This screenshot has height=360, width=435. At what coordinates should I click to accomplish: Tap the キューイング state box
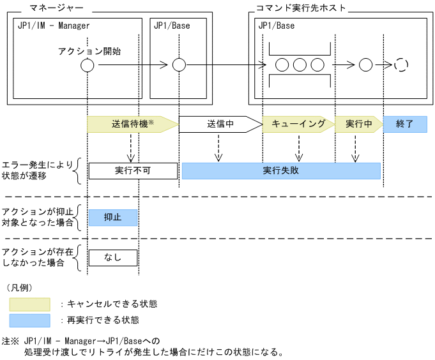298,124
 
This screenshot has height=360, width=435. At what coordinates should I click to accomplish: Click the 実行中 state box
358,124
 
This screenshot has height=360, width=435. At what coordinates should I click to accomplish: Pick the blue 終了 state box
405,124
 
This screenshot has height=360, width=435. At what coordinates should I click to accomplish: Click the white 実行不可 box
132,170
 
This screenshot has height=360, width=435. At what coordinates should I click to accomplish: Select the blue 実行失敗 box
281,170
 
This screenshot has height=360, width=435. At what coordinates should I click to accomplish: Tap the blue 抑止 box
113,217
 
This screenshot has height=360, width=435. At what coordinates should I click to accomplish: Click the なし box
113,257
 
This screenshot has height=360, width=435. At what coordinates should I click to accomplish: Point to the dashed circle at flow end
401,65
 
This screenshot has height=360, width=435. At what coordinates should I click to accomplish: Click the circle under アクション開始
88,65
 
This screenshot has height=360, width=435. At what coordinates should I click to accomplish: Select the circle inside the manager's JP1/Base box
179,65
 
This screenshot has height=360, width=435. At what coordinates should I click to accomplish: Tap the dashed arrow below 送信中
218,151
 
